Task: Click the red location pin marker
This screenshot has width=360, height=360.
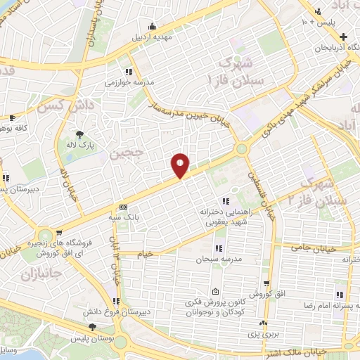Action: (181, 165)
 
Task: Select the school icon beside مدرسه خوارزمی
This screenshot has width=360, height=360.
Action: (128, 72)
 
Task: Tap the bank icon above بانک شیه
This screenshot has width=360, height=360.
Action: (124, 207)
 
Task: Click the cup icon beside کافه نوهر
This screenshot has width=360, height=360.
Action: (11, 118)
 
